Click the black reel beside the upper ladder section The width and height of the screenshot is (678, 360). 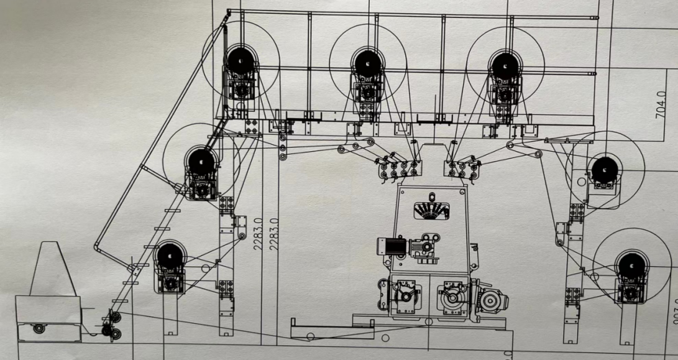coord(201,163)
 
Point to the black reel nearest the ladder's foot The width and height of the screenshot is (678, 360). coord(170,256)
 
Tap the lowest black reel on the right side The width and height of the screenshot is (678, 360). coord(632,267)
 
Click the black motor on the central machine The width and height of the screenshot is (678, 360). coord(389,246)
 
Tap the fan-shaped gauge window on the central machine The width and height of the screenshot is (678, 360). coord(431,210)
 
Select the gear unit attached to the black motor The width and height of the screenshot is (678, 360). coord(426,244)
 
